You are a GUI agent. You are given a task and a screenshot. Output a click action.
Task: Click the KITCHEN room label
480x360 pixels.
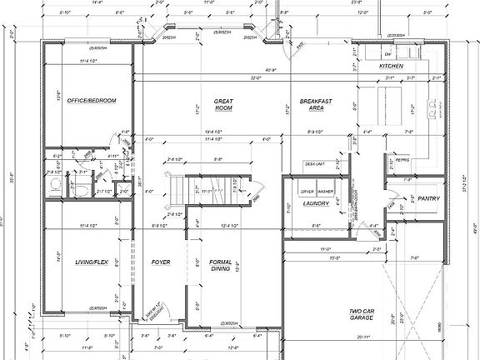coord(391,65)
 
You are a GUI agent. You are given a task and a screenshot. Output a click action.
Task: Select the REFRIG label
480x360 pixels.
coord(402,162)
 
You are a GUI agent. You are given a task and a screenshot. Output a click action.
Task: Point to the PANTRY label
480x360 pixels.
coord(429,199)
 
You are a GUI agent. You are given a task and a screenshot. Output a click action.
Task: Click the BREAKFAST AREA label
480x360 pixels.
coord(316,105)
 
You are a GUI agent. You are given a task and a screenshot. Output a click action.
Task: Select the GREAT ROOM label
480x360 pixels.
coord(223,105)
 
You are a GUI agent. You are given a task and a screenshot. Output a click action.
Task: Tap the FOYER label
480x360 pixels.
coord(160,262)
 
